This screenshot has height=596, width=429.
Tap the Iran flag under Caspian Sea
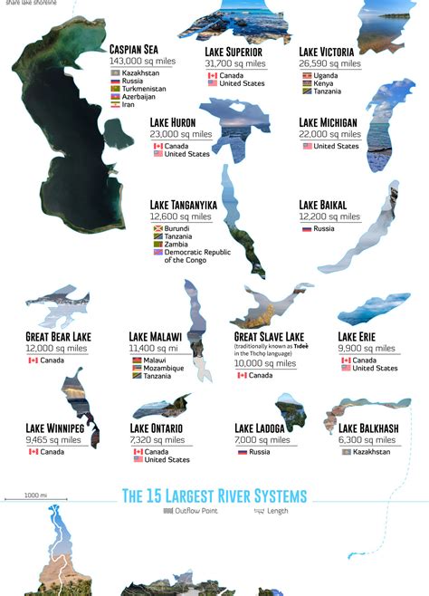(115, 105)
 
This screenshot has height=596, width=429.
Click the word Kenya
(325, 83)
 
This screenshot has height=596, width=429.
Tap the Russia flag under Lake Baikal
(307, 228)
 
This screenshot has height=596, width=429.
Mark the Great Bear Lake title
(59, 337)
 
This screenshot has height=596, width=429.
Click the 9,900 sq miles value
(367, 348)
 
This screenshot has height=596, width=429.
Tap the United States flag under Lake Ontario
(138, 459)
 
